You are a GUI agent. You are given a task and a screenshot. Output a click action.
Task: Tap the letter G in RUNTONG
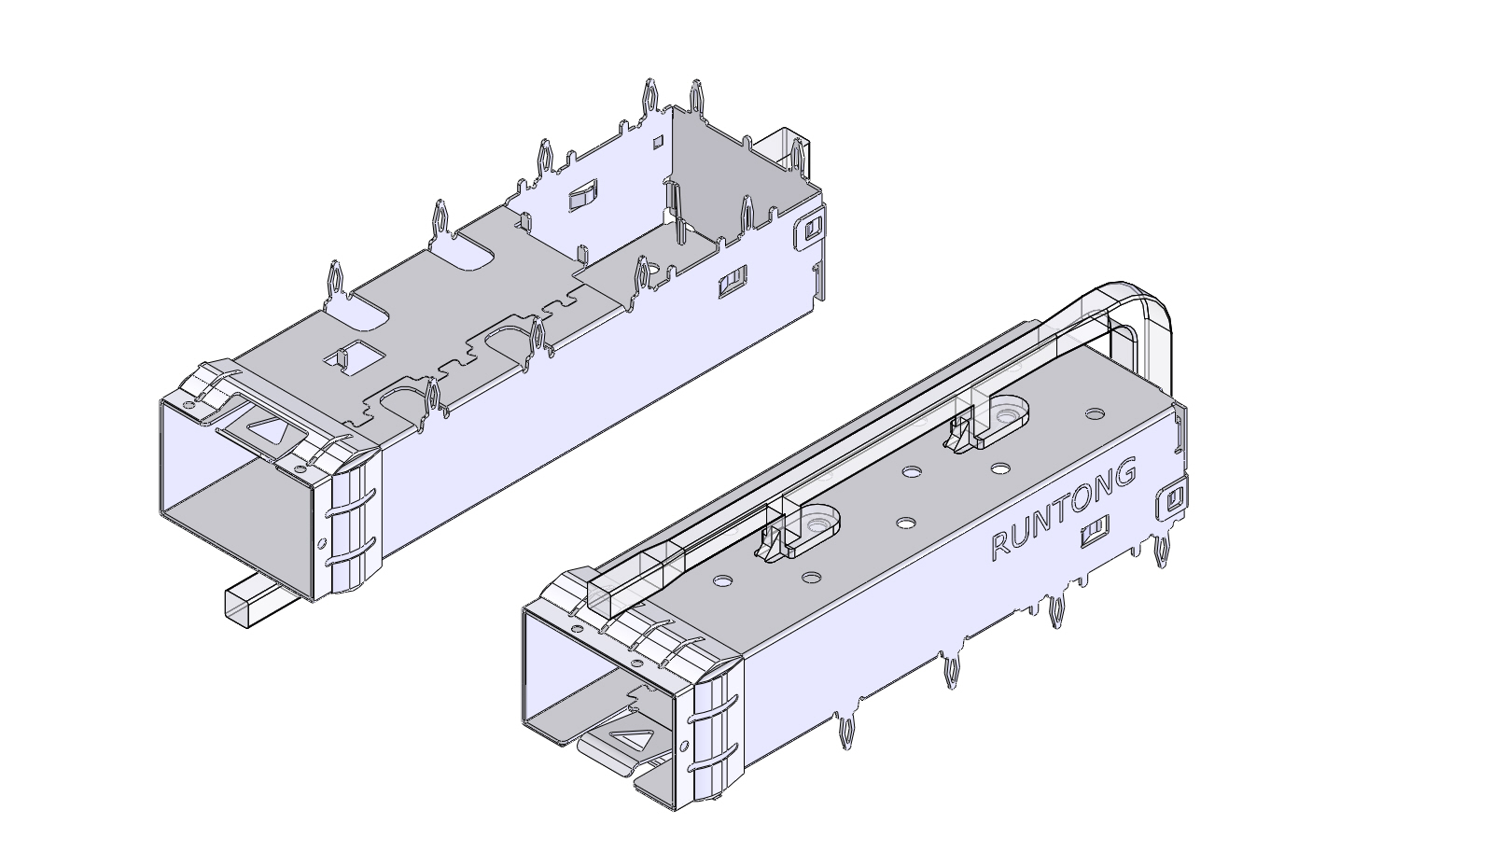(x=1126, y=473)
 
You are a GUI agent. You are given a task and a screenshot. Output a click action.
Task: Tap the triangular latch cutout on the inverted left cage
(x=270, y=430)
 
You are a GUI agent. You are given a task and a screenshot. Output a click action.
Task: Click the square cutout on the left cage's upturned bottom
(x=352, y=356)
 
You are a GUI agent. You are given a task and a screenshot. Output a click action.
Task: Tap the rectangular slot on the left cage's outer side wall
(x=732, y=281)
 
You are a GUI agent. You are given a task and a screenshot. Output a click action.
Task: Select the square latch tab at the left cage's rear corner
(x=809, y=229)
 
